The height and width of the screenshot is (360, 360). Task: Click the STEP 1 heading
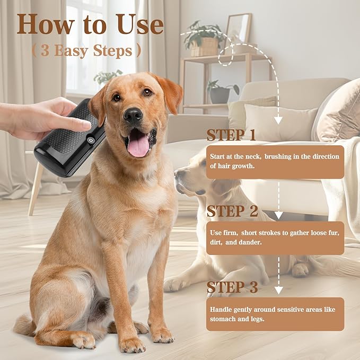tap(232, 135)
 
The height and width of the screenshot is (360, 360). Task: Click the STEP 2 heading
tap(232, 210)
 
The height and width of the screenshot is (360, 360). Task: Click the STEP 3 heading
tap(232, 287)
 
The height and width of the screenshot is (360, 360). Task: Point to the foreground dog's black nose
tap(133, 115)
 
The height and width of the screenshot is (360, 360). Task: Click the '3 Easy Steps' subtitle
tap(86, 51)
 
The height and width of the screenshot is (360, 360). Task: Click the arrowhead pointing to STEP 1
tap(278, 121)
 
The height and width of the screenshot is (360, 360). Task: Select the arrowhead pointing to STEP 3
tap(278, 290)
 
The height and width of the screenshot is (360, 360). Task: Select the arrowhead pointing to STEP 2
tap(278, 215)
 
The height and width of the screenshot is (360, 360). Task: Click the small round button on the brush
tap(91, 141)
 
